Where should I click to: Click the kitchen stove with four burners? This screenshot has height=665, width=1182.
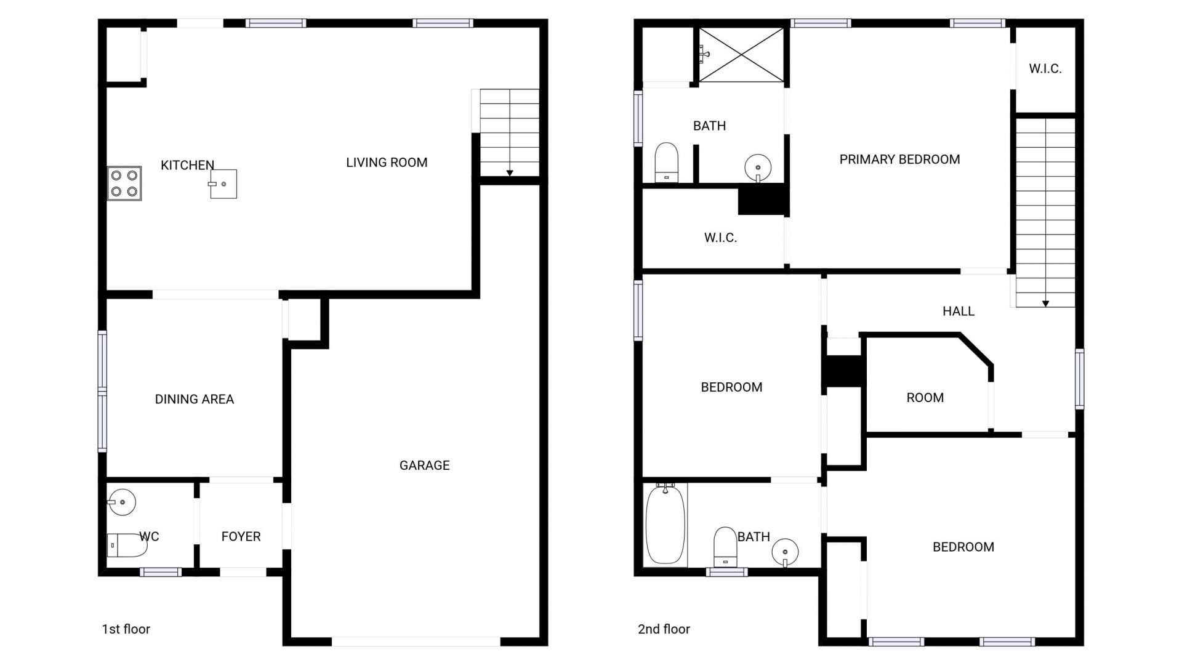pyautogui.click(x=124, y=183)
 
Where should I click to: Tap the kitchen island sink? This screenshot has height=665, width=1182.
pyautogui.click(x=223, y=183)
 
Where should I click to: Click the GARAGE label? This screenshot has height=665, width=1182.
pyautogui.click(x=424, y=465)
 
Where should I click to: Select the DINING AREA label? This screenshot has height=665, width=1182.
pyautogui.click(x=194, y=399)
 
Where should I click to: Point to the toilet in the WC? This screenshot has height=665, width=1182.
pyautogui.click(x=127, y=545)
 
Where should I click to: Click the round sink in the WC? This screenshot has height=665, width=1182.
pyautogui.click(x=122, y=502)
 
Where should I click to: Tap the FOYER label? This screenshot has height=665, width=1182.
pyautogui.click(x=241, y=536)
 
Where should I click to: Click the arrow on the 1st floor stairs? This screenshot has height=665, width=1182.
pyautogui.click(x=510, y=173)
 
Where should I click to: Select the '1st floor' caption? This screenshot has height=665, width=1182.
pyautogui.click(x=126, y=629)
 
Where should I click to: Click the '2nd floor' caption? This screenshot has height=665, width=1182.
pyautogui.click(x=664, y=629)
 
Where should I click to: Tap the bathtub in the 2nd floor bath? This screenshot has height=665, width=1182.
pyautogui.click(x=665, y=523)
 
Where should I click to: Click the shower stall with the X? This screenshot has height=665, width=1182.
pyautogui.click(x=741, y=54)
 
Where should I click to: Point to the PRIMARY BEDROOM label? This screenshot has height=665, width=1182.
pyautogui.click(x=899, y=159)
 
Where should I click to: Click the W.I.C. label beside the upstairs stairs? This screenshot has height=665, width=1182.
pyautogui.click(x=1045, y=68)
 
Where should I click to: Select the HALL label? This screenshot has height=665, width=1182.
pyautogui.click(x=958, y=311)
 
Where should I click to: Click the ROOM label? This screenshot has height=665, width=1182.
pyautogui.click(x=925, y=397)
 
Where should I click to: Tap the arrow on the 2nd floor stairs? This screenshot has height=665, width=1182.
pyautogui.click(x=1045, y=304)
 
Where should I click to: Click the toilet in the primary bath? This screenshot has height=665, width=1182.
pyautogui.click(x=666, y=163)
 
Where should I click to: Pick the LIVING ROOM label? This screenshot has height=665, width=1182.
pyautogui.click(x=386, y=163)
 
